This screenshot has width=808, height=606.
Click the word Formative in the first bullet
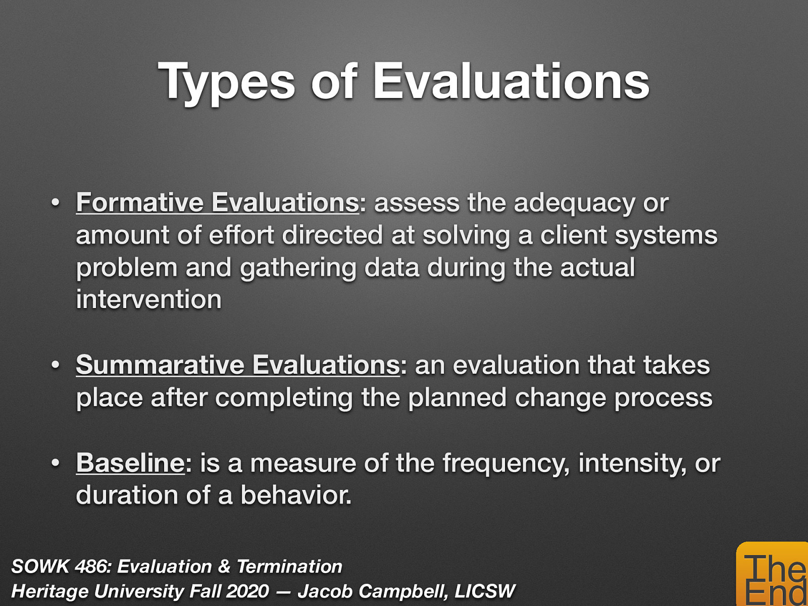pos(140,203)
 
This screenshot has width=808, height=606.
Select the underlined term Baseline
pos(130,463)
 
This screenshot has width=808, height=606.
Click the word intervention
pos(148,299)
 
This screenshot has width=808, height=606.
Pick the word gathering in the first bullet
pos(298,268)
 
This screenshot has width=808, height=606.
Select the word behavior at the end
pos(295,495)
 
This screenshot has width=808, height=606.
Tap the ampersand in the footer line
pos(224,567)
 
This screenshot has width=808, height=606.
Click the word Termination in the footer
pos(289,567)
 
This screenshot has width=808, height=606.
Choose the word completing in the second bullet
pos(284,398)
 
